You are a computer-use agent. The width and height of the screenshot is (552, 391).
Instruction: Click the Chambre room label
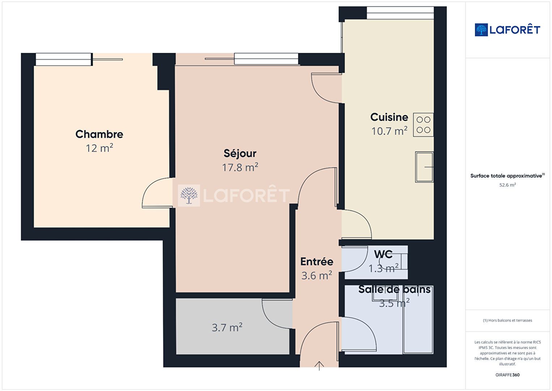pos(99,134)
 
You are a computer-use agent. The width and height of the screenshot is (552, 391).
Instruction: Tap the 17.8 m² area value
pos(240,167)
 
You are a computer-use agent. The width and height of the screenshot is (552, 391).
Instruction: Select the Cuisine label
pos(389,117)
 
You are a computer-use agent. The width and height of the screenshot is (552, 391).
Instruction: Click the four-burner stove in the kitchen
pos(423,125)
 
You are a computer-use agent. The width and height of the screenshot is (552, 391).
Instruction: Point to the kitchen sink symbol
pos(424,167)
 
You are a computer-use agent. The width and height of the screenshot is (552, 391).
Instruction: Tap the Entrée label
pos(317,262)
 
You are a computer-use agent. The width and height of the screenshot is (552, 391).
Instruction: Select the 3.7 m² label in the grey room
pos(227,328)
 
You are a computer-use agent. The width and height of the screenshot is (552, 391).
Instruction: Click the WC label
pos(383,254)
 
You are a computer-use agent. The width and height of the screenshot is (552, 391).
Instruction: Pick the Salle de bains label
pos(394,289)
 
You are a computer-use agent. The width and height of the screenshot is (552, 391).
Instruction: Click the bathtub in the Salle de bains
pos(418,320)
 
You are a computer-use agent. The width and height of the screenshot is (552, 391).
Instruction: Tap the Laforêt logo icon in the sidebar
pos(481,30)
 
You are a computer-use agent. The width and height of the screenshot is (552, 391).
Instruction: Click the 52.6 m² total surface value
pos(508,185)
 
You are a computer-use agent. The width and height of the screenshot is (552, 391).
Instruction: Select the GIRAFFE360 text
pos(508,375)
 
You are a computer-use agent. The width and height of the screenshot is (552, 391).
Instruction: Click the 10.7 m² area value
pos(389,131)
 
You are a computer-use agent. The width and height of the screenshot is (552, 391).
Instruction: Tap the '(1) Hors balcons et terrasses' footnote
pos(508,320)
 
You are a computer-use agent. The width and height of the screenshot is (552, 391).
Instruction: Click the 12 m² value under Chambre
pos(99,148)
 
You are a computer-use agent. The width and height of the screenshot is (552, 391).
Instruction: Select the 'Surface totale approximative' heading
pos(506,176)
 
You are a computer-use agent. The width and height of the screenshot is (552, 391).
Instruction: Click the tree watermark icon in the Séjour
pos(189,196)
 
